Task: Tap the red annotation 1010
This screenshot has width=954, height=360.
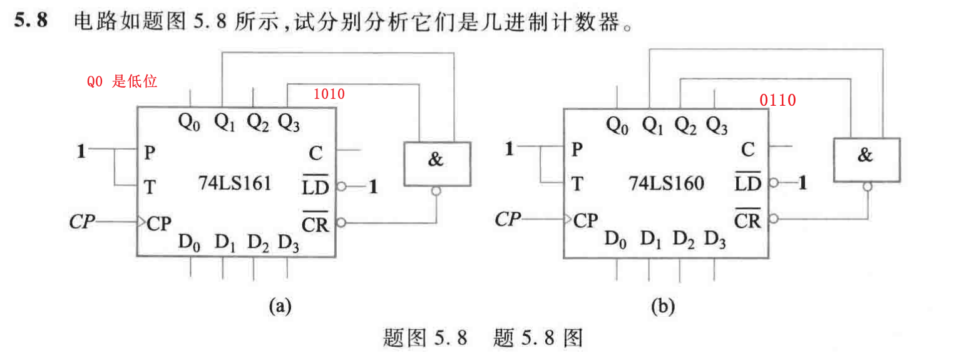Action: coord(329,95)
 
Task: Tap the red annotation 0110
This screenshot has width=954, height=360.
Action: coord(777,100)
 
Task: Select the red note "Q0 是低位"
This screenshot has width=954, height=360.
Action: coord(121,81)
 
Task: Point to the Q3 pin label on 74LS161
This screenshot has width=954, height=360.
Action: coord(289,122)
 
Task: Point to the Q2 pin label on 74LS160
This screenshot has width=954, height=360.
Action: coord(684,126)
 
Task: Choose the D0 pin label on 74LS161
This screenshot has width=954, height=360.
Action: coord(190,242)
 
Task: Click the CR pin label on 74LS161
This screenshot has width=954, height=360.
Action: coord(315,222)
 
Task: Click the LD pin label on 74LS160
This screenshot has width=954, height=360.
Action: coord(747,183)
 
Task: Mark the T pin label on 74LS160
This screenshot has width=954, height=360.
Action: coord(577,183)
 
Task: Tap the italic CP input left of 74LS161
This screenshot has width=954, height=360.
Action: coord(83,222)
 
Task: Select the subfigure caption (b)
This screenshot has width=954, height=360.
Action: coord(663,306)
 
